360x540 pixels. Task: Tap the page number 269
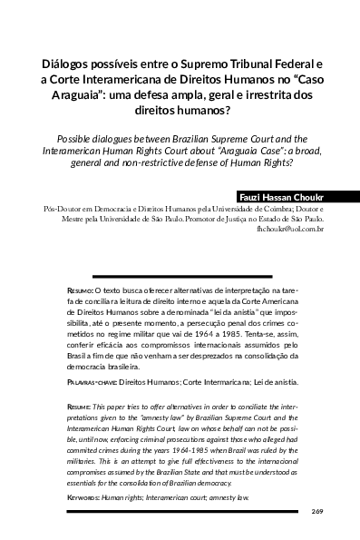[x=316, y=512]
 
